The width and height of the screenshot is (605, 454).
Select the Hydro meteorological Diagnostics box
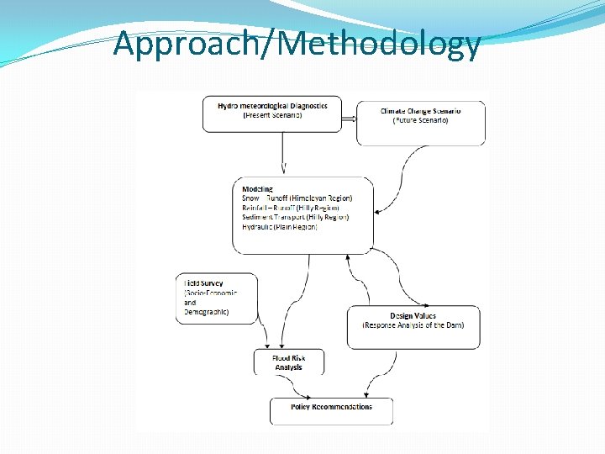[x=273, y=113]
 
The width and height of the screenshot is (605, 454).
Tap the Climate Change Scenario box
[x=421, y=122]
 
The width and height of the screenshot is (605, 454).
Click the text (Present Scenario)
[x=272, y=115]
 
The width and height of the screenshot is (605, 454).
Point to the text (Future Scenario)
[x=420, y=120]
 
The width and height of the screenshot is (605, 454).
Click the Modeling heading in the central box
[x=257, y=189]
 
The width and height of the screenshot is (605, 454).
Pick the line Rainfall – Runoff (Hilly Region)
[x=291, y=208]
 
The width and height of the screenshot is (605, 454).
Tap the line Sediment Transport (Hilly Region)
[x=295, y=217]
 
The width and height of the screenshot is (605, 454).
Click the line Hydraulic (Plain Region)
[x=280, y=226]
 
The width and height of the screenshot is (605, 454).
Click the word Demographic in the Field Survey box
[x=207, y=312]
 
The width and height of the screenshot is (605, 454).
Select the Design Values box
[x=413, y=325]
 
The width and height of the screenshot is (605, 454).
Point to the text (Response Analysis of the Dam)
[x=413, y=325]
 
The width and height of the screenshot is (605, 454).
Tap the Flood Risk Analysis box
[x=289, y=362]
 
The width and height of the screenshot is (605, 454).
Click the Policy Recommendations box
[x=331, y=409]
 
